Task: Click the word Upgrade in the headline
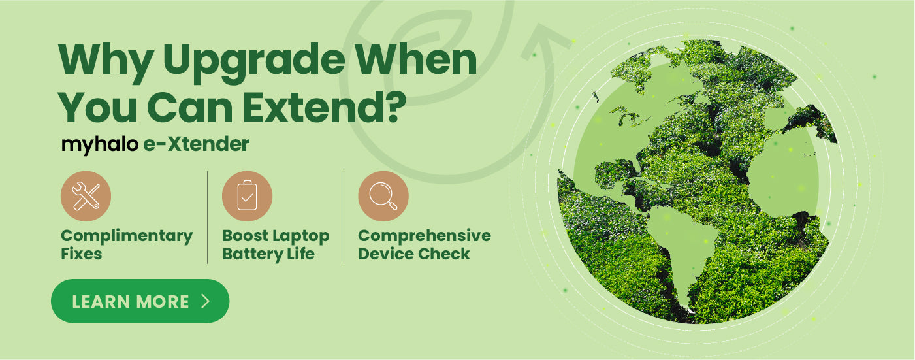(x=254, y=63)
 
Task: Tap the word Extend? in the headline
(x=325, y=107)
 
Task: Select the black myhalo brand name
(x=100, y=145)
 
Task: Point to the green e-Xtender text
(x=196, y=144)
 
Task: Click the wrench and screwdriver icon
(x=86, y=196)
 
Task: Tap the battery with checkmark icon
(x=247, y=196)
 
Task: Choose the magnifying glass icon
(x=383, y=196)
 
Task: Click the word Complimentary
(x=127, y=237)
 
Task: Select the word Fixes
(x=81, y=254)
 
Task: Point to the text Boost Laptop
(x=276, y=237)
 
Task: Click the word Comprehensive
(x=425, y=237)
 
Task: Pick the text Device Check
(x=414, y=254)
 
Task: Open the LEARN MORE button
(x=140, y=301)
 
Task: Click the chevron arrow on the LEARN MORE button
(x=206, y=301)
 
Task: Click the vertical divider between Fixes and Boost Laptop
(x=208, y=217)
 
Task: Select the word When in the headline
(x=416, y=60)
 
